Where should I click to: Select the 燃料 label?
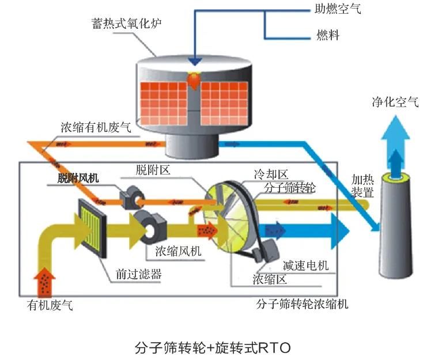(x=328, y=35)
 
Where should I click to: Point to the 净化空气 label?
(x=395, y=103)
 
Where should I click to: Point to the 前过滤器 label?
(x=138, y=274)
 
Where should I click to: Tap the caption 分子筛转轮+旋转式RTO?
(x=213, y=347)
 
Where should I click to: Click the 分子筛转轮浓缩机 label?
(x=303, y=304)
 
